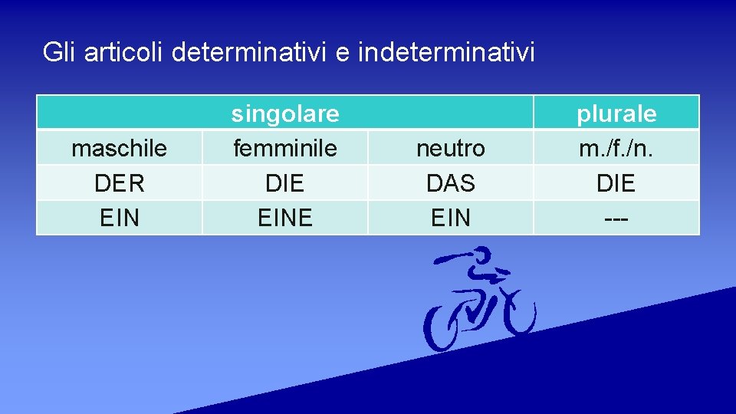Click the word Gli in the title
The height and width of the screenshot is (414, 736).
tap(59, 52)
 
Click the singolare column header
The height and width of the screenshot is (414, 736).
tap(285, 113)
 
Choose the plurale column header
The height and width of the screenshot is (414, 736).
tap(616, 113)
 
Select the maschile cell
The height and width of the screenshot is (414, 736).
tap(119, 148)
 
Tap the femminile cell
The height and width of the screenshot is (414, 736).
tap(285, 148)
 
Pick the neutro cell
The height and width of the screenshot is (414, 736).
tap(451, 148)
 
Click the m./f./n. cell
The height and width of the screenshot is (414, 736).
tap(616, 148)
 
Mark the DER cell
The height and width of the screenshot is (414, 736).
tap(119, 183)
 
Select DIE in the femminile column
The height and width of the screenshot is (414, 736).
tap(285, 183)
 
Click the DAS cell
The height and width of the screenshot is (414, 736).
tap(451, 183)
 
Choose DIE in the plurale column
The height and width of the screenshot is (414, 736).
tap(616, 183)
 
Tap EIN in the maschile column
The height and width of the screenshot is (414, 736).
tap(119, 218)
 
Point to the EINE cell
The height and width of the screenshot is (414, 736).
tap(285, 218)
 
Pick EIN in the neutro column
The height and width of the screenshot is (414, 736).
tap(451, 218)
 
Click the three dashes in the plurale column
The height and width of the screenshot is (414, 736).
tap(616, 218)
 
